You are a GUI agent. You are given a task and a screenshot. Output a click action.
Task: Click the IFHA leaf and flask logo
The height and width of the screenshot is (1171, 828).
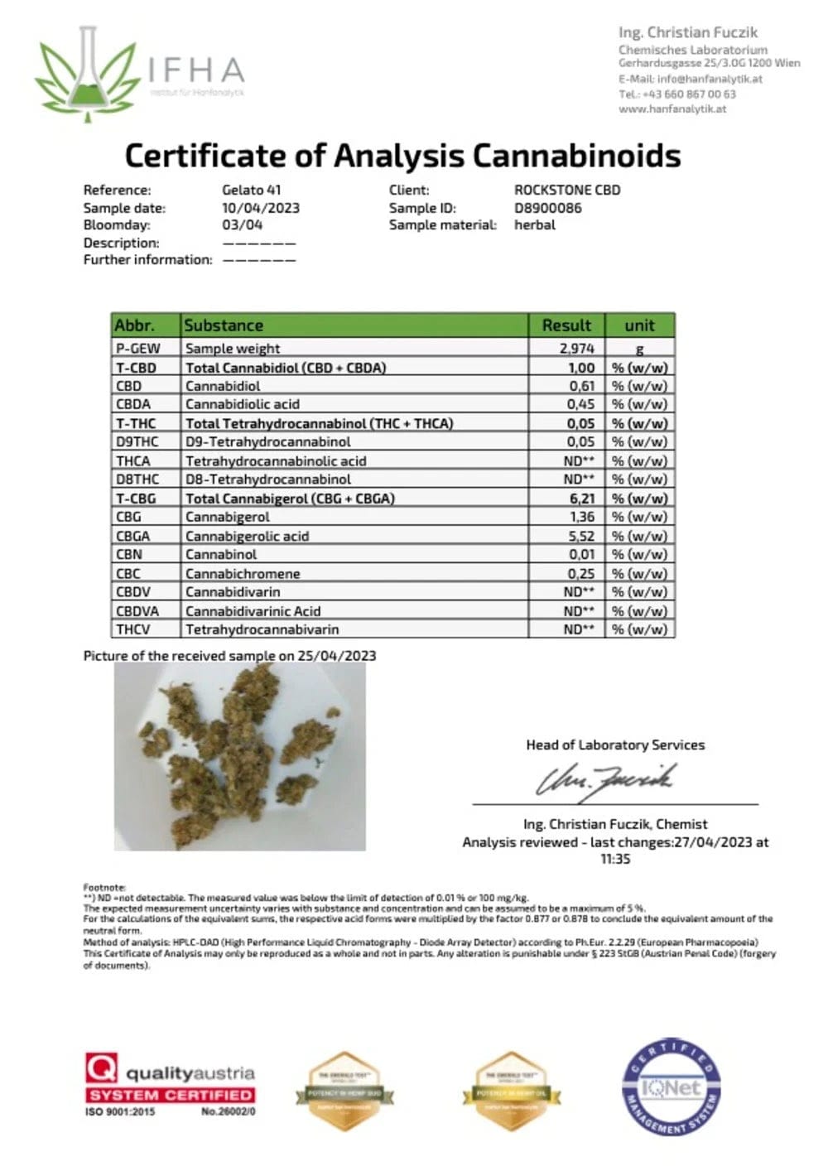86,75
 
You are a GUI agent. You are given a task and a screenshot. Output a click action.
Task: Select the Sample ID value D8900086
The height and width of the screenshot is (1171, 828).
547,208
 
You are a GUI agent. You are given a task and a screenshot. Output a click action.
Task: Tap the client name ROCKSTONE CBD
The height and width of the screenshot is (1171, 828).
566,190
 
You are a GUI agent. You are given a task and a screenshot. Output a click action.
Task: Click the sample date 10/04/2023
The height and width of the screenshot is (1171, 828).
260,208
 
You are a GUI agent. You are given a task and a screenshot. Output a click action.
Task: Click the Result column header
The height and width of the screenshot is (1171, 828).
566,325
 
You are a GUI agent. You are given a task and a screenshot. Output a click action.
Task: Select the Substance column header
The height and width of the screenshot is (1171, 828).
224,325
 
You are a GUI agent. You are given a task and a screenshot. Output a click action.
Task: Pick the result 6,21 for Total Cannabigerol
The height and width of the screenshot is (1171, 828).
580,499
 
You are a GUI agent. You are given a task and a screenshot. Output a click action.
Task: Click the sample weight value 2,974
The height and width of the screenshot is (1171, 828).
576,349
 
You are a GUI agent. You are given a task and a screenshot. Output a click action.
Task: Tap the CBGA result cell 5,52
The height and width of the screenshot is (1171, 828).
580,536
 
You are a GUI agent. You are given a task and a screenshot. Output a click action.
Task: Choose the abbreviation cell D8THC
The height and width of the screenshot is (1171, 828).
137,479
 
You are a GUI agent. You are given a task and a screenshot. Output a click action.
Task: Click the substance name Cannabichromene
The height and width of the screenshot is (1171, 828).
243,573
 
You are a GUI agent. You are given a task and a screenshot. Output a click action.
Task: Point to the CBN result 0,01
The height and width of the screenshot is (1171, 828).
580,554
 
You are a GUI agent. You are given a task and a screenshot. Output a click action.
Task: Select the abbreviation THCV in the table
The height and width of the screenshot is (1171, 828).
133,629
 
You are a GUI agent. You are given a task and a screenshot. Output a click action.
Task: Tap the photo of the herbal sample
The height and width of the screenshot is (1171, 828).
239,756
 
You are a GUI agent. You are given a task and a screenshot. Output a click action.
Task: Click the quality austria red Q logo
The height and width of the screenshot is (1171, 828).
101,1067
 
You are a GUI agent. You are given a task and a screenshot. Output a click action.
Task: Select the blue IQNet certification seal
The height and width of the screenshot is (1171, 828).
671,1086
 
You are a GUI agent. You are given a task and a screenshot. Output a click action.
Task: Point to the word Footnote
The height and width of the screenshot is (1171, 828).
104,887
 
